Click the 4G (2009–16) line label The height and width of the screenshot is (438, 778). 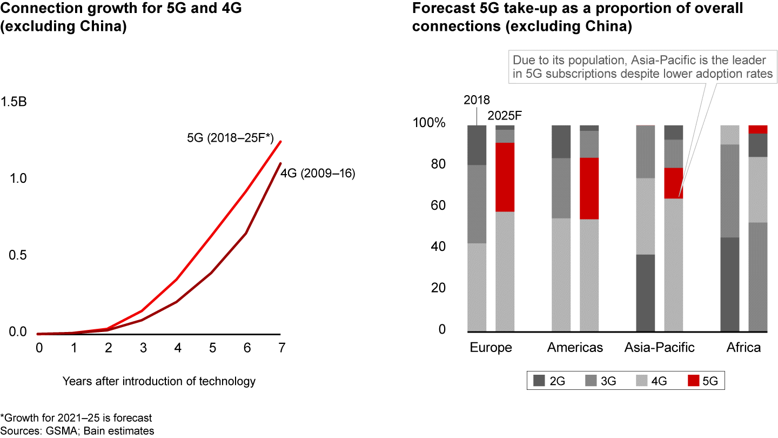[318, 174]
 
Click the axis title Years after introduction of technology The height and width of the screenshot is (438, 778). [159, 381]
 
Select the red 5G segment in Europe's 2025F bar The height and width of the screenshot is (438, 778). [505, 177]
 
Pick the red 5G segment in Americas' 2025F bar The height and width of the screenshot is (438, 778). [589, 188]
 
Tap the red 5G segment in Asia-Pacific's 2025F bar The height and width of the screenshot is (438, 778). [673, 183]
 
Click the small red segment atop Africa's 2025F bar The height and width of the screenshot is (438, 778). [757, 129]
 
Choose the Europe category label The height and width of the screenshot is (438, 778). [491, 348]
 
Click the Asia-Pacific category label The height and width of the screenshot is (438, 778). [659, 348]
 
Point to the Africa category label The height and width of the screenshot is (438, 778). [744, 348]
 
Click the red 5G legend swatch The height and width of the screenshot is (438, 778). [694, 381]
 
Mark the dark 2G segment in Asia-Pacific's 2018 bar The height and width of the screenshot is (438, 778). [645, 293]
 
